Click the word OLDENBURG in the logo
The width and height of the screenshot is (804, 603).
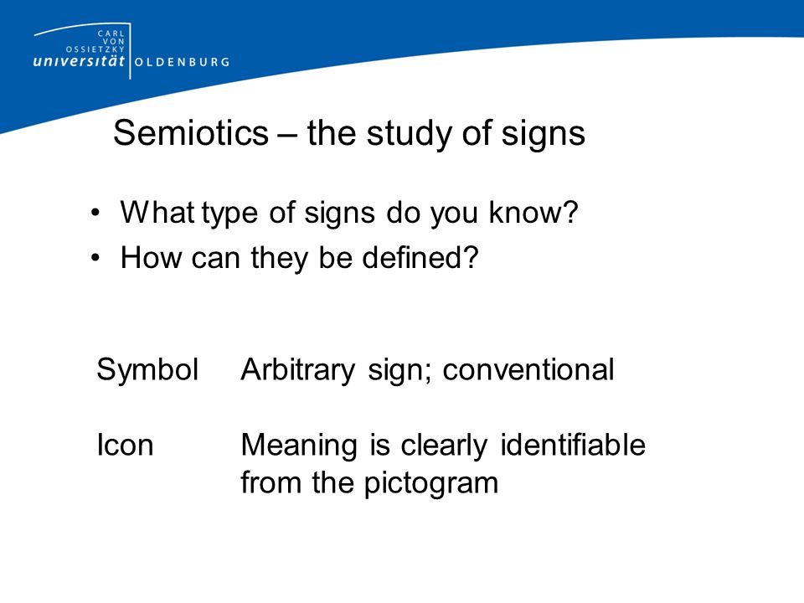(x=182, y=61)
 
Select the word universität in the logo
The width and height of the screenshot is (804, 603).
(x=79, y=61)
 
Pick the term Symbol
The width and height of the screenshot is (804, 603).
(x=147, y=370)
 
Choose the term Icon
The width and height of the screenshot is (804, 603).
(x=125, y=445)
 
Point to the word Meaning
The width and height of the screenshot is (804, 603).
(x=300, y=446)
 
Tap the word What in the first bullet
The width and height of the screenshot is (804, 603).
(x=157, y=213)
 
